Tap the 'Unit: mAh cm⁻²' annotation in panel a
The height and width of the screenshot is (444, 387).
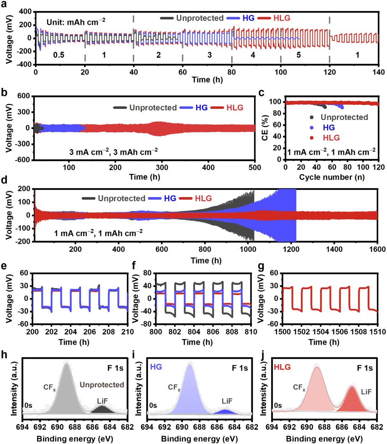click(x=76, y=22)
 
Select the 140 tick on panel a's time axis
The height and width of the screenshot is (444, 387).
click(x=378, y=72)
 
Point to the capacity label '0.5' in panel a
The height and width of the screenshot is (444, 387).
click(x=59, y=55)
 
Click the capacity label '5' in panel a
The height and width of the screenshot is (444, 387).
click(x=298, y=55)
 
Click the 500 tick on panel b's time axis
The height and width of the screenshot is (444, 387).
click(x=255, y=167)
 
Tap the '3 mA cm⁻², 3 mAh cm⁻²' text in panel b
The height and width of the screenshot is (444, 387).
click(x=113, y=152)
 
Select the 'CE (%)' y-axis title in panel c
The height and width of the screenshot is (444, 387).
click(x=265, y=128)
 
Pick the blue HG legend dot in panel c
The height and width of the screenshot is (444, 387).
click(x=311, y=128)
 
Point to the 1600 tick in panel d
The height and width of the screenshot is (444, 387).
click(x=377, y=249)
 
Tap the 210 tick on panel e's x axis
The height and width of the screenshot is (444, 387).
click(x=128, y=332)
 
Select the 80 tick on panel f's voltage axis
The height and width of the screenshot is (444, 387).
click(x=147, y=273)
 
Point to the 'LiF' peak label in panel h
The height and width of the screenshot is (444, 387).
click(x=102, y=401)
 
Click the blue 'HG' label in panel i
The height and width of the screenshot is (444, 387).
click(x=156, y=367)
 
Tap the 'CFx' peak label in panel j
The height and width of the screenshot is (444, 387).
click(x=299, y=387)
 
